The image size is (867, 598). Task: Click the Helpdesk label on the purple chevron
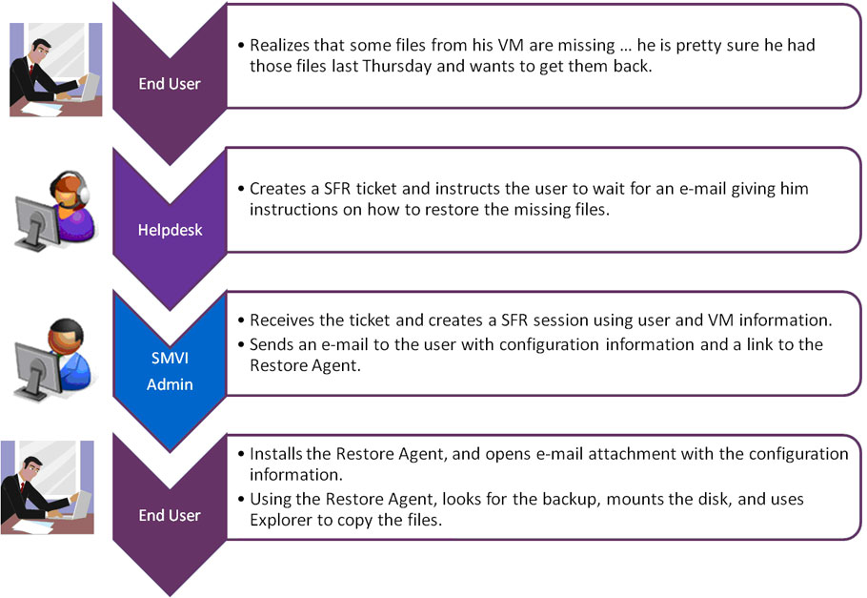[x=170, y=230]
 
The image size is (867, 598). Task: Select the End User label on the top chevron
[x=170, y=83]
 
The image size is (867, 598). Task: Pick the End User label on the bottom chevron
[x=170, y=515]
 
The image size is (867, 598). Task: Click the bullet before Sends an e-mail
[x=241, y=344]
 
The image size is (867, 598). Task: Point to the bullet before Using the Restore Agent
[x=241, y=499]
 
